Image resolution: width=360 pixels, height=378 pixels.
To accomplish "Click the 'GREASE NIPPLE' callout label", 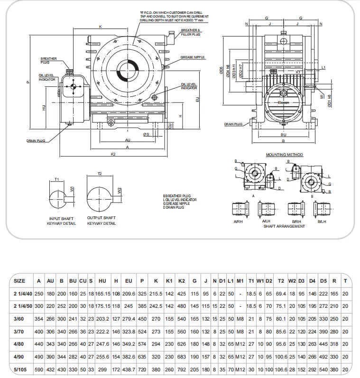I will [193, 57].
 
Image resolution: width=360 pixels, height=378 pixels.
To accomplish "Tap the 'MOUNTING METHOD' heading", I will [284, 155].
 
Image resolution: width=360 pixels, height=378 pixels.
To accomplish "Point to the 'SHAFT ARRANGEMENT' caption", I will [284, 226].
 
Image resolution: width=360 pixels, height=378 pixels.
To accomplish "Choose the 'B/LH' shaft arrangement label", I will [323, 221].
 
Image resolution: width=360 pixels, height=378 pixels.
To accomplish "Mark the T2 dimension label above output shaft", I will [100, 174].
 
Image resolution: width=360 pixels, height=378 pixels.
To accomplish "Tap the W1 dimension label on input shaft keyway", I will [72, 188].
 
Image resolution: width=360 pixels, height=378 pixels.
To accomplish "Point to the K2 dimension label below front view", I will [113, 154].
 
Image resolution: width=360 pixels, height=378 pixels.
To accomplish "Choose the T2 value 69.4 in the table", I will [281, 294].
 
